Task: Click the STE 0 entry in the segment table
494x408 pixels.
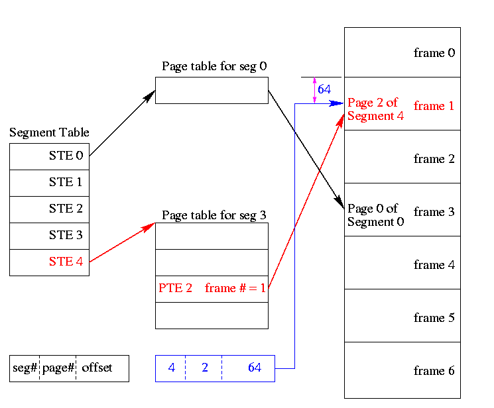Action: click(x=66, y=156)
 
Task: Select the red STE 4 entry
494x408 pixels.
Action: click(x=66, y=262)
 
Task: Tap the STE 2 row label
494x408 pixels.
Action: click(x=66, y=209)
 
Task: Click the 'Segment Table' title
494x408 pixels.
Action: click(x=49, y=133)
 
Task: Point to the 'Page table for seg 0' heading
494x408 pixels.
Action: click(x=214, y=67)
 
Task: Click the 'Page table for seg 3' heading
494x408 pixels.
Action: click(x=214, y=216)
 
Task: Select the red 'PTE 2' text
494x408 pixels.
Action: click(x=176, y=288)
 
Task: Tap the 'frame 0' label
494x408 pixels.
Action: click(x=434, y=53)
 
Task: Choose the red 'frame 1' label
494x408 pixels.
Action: click(x=434, y=106)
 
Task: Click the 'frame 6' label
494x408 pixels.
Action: click(x=434, y=371)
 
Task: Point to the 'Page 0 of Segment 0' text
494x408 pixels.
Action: click(x=375, y=215)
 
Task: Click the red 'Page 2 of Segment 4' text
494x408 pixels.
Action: click(x=375, y=109)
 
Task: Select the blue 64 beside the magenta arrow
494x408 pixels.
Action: click(x=324, y=89)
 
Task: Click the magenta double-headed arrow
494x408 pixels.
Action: click(x=314, y=90)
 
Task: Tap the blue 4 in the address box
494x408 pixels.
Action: click(x=171, y=368)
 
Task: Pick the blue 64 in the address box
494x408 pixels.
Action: click(x=255, y=368)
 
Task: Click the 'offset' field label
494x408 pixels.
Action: click(x=97, y=368)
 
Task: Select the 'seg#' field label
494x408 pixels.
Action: click(x=25, y=368)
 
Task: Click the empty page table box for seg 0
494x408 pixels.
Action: click(x=212, y=90)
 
